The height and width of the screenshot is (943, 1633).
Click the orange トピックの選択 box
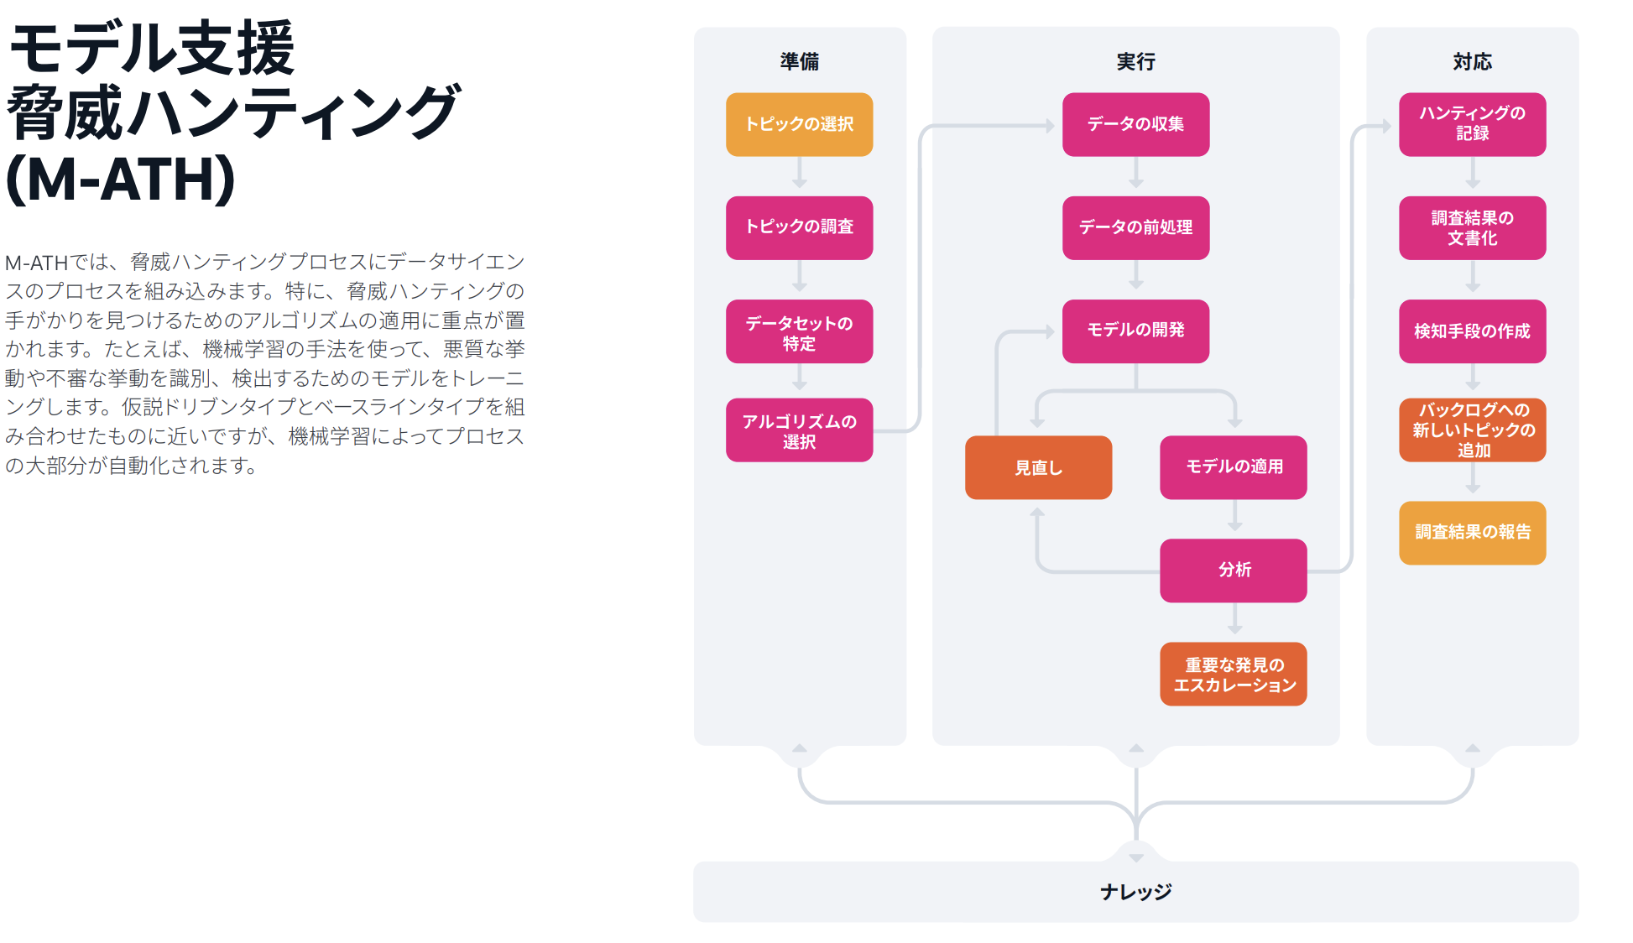[799, 124]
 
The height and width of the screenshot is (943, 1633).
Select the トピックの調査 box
[799, 227]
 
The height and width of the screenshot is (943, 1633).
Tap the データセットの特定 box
[799, 331]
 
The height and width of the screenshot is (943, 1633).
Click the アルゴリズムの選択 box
[799, 430]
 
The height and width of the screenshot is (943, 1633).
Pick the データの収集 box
[1135, 124]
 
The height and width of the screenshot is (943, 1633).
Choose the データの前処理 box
[1135, 227]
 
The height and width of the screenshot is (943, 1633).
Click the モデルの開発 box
[1135, 331]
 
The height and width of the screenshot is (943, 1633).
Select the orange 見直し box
[1038, 467]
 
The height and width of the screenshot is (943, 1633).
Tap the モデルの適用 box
[1233, 467]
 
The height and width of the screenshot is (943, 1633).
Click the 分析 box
[1233, 570]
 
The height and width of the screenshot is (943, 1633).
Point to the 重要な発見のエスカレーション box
[1233, 674]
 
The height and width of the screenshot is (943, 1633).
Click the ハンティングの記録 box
[1472, 124]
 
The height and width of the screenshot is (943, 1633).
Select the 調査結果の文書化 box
[1472, 227]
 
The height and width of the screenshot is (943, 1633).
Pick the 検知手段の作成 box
[1472, 331]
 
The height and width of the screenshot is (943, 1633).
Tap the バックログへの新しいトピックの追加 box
[1472, 430]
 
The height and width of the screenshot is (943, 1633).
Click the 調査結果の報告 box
[1472, 533]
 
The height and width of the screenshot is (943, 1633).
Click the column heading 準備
[799, 61]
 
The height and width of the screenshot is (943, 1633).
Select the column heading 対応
[1472, 61]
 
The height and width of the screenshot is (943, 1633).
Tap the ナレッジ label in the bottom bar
[1135, 892]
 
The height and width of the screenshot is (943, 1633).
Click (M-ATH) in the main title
[122, 179]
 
